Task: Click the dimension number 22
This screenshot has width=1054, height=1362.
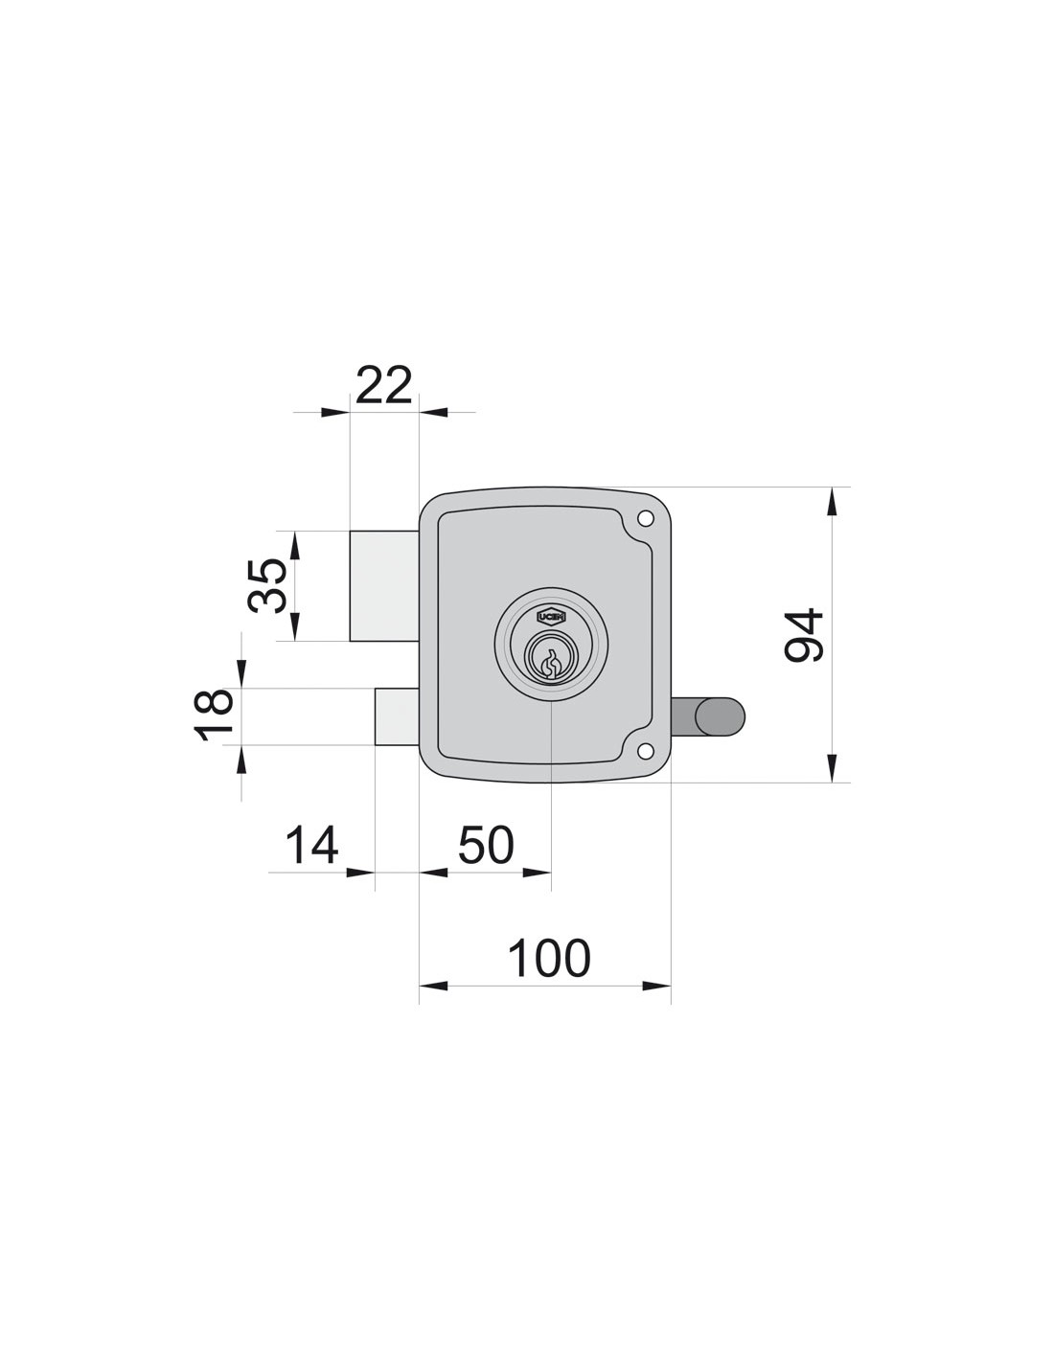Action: tap(383, 384)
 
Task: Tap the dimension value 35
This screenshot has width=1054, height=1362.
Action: tap(267, 585)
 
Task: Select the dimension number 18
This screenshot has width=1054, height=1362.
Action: tap(214, 715)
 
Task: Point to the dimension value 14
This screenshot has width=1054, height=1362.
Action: tap(311, 846)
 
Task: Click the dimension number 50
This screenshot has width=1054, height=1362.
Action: tap(486, 846)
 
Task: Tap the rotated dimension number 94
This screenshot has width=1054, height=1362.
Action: tap(803, 635)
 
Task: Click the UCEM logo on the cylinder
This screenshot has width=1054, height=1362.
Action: tap(551, 618)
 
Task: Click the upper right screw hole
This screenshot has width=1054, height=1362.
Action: tap(645, 519)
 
